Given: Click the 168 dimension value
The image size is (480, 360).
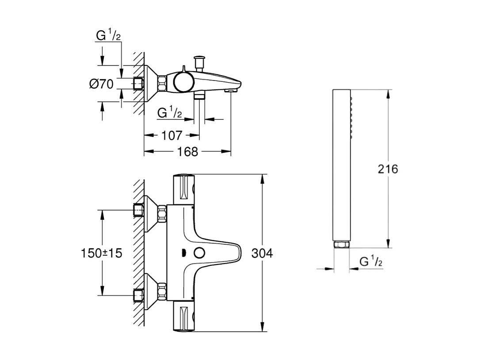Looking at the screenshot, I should coord(188,152).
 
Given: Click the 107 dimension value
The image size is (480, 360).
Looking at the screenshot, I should coord(171,135).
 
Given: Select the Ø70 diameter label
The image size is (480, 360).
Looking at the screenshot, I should coord(101,84).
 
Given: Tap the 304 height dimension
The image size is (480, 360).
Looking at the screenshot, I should coord(262,253).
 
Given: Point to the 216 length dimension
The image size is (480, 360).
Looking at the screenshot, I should coord(388,169).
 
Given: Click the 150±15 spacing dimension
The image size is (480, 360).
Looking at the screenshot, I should coord(102,253).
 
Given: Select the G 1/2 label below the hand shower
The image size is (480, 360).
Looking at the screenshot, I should coord(370,261).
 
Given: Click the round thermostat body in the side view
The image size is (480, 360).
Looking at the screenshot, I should coord(182,82).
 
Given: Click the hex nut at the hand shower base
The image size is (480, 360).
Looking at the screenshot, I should coord(341,245).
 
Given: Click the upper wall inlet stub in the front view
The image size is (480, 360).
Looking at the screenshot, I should coord(139,211).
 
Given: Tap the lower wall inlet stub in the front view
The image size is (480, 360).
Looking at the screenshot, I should coord(139,295).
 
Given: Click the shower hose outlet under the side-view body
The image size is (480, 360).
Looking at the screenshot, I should coord(200,96).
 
